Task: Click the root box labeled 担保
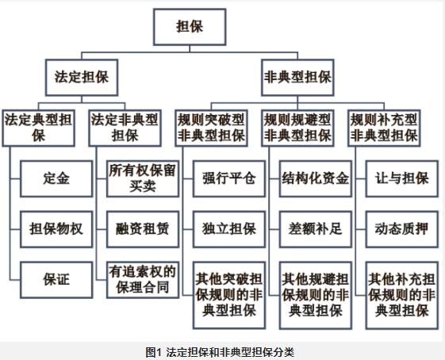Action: pyautogui.click(x=190, y=27)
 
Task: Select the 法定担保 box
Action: pyautogui.click(x=82, y=78)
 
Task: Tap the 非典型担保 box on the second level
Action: pyautogui.click(x=297, y=78)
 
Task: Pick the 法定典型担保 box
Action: pyautogui.click(x=39, y=128)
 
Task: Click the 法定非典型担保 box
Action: pyautogui.click(x=125, y=128)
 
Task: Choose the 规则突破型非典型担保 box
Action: pyautogui.click(x=211, y=128)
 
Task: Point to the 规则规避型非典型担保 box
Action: pyautogui.click(x=297, y=128)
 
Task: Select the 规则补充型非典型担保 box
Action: pyautogui.click(x=384, y=128)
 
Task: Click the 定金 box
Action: pyautogui.click(x=56, y=178)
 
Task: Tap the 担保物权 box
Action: pyautogui.click(x=56, y=229)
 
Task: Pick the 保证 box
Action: pyautogui.click(x=56, y=280)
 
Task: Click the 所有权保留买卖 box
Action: pyautogui.click(x=143, y=178)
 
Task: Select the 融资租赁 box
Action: pyautogui.click(x=143, y=229)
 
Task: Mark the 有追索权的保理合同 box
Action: pyautogui.click(x=143, y=280)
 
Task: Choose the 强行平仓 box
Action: pyautogui.click(x=229, y=178)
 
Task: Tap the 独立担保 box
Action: pyautogui.click(x=229, y=229)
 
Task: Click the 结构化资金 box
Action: pyautogui.click(x=316, y=178)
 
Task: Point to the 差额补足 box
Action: pyautogui.click(x=316, y=229)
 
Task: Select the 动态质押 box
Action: pyautogui.click(x=402, y=229)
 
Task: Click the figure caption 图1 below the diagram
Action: pyautogui.click(x=153, y=352)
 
